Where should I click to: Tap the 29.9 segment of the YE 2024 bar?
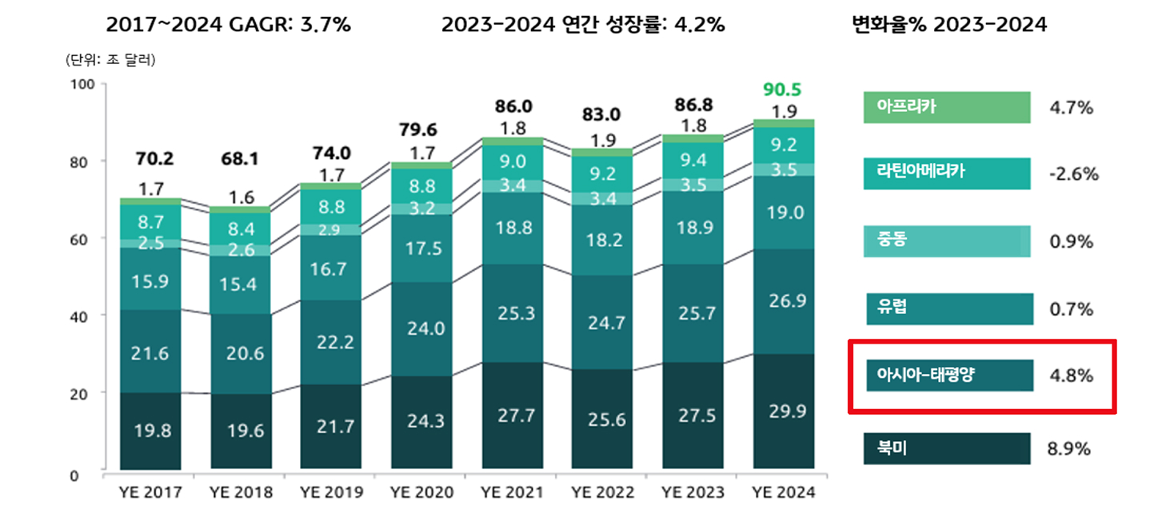[784, 411]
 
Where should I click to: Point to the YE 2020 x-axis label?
[421, 491]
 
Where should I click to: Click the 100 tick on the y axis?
[83, 84]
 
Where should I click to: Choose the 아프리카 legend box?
[947, 108]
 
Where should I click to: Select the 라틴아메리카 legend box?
[947, 174]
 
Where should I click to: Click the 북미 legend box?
[947, 449]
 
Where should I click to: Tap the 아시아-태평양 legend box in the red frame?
[948, 376]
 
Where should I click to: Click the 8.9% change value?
[1070, 449]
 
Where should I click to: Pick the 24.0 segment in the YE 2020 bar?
[421, 328]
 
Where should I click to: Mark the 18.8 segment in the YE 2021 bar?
[513, 228]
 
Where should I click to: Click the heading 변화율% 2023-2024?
[949, 25]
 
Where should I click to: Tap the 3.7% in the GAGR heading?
[325, 25]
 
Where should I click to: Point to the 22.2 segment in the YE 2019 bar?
[332, 342]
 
